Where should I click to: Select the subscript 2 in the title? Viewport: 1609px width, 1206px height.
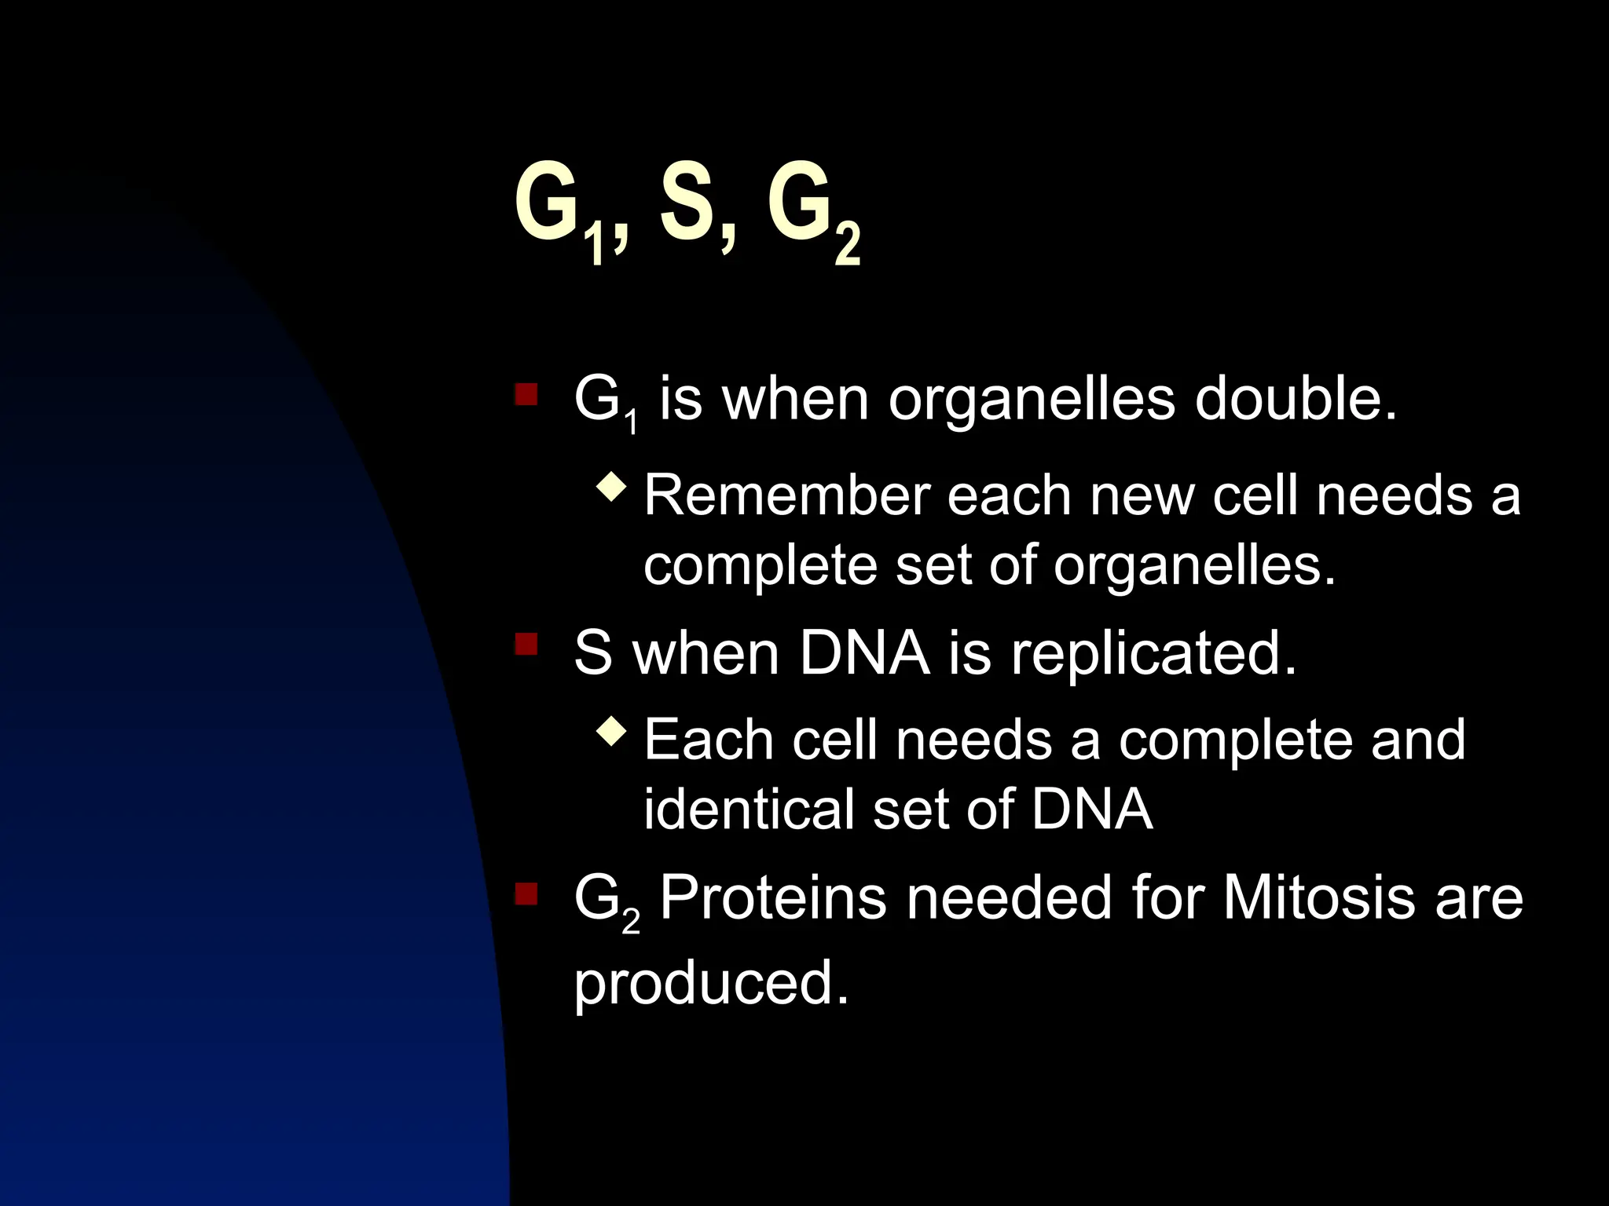848,244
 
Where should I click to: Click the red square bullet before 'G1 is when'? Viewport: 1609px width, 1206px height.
526,394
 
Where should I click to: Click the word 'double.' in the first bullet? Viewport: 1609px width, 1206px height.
1296,399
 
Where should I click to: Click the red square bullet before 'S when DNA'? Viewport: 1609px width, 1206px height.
526,645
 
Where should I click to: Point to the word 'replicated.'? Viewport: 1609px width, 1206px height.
1153,654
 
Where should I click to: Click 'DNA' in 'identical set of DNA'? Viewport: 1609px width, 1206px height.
1092,809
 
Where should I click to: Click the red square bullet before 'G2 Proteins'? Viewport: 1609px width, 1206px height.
526,894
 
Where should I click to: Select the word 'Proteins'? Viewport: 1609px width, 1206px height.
773,897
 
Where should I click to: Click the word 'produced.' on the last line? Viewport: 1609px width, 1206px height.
711,984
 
